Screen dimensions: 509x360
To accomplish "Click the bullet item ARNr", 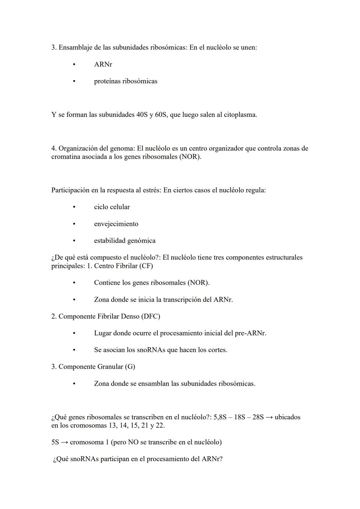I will [103, 64].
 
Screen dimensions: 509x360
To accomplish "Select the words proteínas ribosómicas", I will [125, 81].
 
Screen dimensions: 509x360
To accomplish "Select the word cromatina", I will [66, 157].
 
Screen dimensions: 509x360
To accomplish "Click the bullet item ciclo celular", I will [112, 207].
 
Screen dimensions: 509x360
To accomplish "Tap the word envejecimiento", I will [116, 224].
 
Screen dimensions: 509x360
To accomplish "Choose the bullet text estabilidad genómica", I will [125, 241].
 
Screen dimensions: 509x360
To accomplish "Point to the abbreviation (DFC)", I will [151, 316].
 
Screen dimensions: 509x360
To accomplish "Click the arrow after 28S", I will [269, 417].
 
